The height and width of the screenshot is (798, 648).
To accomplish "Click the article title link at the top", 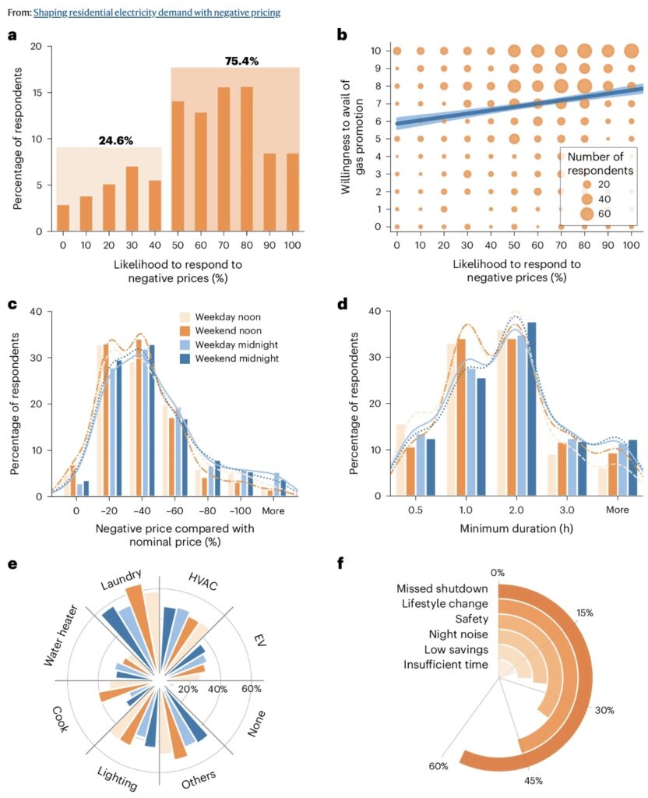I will click(157, 12).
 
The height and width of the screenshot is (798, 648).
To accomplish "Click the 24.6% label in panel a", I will click(115, 140).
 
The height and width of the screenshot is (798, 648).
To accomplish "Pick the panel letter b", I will click(340, 35).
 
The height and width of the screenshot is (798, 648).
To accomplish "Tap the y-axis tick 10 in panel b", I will click(376, 51).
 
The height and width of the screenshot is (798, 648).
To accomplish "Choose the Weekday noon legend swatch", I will click(186, 317).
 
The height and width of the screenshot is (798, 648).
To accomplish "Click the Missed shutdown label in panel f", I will click(442, 588).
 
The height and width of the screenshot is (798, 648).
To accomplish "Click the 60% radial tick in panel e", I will click(252, 689).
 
